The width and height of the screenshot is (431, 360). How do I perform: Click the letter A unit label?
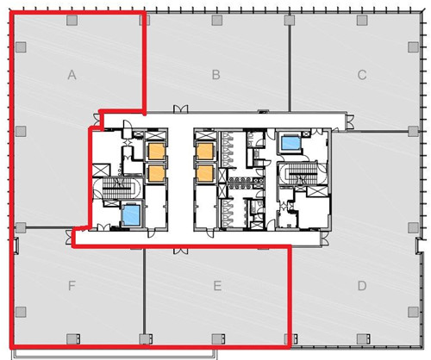(72, 75)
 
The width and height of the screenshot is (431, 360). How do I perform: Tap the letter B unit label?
(216, 75)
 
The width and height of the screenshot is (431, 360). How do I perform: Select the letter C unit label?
(362, 75)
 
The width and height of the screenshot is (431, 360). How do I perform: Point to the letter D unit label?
(362, 286)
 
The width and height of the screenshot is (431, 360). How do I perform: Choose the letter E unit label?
(217, 286)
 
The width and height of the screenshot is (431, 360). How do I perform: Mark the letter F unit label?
(72, 286)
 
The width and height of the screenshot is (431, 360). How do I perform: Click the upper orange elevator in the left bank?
(156, 152)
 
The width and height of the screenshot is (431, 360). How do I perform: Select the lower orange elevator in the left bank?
(156, 173)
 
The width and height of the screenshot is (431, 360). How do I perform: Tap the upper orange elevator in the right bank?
(204, 152)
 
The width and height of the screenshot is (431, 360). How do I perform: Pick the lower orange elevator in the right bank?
(204, 173)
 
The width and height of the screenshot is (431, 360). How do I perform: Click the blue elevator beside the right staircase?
(290, 143)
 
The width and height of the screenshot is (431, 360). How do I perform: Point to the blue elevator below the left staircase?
(131, 215)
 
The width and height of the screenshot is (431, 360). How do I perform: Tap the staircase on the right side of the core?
(303, 174)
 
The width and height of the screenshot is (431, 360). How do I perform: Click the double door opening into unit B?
(180, 109)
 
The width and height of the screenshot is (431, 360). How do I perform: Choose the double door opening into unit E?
(180, 251)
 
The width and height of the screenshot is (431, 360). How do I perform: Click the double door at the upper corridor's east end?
(350, 121)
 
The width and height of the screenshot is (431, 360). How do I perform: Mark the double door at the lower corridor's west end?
(68, 237)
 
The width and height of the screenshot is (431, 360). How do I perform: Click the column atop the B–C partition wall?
(290, 21)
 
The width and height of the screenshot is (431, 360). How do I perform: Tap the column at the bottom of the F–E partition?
(145, 339)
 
